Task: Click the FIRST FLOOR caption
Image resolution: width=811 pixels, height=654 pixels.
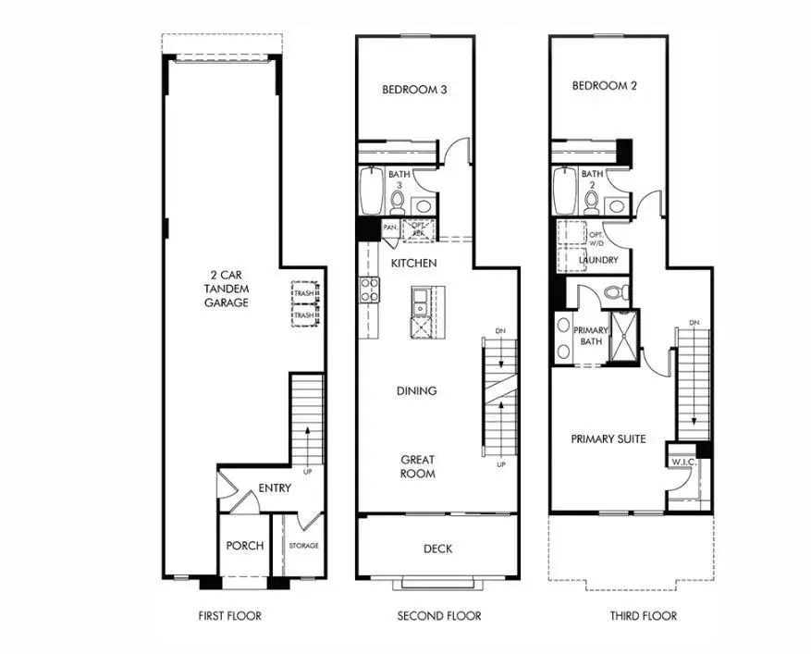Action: (x=229, y=615)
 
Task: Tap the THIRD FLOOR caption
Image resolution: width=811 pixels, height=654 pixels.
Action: (x=643, y=615)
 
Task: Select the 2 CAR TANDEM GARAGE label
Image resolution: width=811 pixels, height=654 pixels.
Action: (x=226, y=289)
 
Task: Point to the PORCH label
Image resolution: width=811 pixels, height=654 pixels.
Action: (x=244, y=546)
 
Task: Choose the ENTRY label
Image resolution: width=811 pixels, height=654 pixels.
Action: (x=275, y=488)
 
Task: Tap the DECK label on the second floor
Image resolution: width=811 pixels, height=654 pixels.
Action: (x=437, y=549)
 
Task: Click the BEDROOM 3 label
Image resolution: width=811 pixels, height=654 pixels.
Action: (x=415, y=90)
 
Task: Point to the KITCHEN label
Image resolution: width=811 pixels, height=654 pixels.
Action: (x=413, y=264)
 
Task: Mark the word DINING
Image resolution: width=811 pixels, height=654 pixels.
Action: (x=416, y=391)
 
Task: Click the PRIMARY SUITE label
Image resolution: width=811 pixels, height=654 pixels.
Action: (x=608, y=438)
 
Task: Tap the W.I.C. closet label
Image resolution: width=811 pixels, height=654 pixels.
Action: (x=683, y=462)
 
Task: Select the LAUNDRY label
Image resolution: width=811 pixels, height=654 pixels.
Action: (x=598, y=261)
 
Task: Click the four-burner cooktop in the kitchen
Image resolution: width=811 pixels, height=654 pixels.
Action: (x=370, y=290)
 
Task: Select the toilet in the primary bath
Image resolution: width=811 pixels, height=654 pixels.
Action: (x=617, y=293)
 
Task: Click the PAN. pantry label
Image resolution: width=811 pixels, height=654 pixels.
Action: (x=391, y=227)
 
